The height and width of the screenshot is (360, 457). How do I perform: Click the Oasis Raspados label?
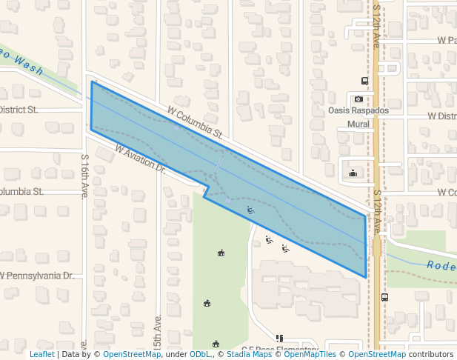tap(358, 110)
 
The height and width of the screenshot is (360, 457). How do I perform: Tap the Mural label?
tap(358, 124)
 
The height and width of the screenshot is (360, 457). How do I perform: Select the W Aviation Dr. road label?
tap(139, 159)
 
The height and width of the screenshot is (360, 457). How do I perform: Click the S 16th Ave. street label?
tap(85, 176)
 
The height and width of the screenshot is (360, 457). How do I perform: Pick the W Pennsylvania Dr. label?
tap(37, 276)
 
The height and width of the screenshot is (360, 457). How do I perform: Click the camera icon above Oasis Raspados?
tap(358, 99)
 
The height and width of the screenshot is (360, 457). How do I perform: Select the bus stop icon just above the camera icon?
tap(364, 81)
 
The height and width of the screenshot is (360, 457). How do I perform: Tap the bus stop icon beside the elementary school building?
tap(384, 297)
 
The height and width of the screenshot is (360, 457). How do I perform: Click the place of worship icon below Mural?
tap(353, 174)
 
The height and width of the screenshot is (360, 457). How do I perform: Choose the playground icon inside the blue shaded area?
tap(250, 210)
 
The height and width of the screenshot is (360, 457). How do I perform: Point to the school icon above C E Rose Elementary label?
tap(279, 338)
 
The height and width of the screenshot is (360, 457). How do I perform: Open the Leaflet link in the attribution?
tap(41, 355)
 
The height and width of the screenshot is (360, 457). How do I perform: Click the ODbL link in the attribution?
tap(200, 355)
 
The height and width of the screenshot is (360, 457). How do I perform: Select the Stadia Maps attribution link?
tap(249, 355)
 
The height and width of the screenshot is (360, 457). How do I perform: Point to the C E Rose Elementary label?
tap(280, 348)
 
